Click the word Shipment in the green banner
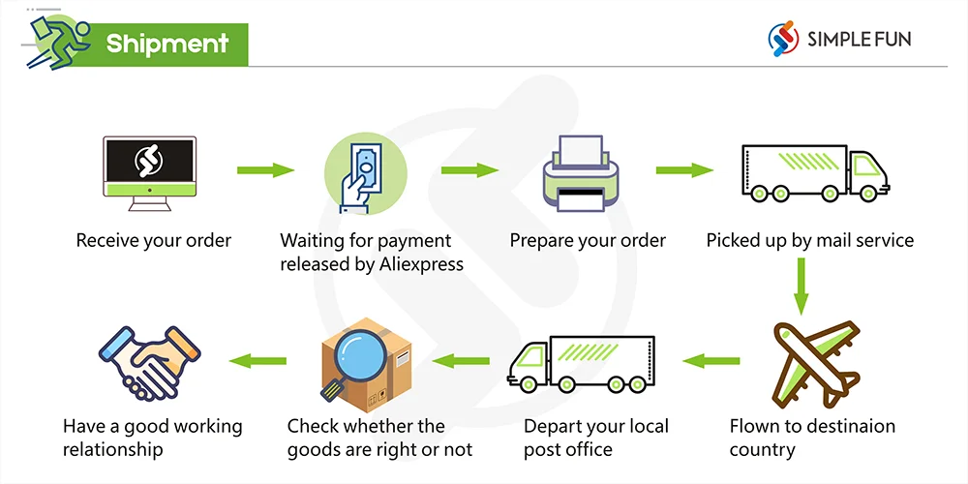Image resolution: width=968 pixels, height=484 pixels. point(167,44)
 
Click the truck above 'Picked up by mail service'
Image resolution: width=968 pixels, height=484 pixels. point(814,173)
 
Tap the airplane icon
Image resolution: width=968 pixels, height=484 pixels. point(810,364)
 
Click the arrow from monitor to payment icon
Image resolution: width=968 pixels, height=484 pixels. point(265,170)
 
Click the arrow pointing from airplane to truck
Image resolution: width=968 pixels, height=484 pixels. point(711,361)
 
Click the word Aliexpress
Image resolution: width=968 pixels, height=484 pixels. point(418,263)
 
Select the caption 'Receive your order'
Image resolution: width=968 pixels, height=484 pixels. point(154,240)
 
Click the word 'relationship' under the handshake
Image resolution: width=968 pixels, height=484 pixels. point(113,449)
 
